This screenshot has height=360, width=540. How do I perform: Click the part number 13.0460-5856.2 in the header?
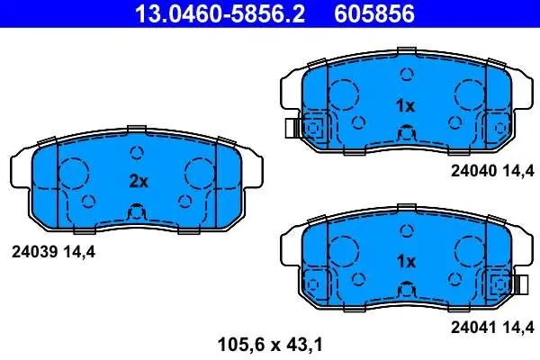(220, 13)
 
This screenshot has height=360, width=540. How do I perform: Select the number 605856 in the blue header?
(374, 13)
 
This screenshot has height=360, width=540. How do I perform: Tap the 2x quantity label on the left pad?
(139, 181)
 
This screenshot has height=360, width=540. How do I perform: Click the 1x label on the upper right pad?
(406, 106)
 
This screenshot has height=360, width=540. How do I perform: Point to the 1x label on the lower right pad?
(406, 262)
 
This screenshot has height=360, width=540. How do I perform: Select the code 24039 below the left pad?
(34, 252)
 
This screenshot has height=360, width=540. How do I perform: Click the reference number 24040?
(473, 170)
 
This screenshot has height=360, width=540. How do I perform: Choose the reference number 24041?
(473, 327)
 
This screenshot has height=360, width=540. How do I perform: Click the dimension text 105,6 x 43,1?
(270, 345)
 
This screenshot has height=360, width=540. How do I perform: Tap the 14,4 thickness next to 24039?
(79, 253)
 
